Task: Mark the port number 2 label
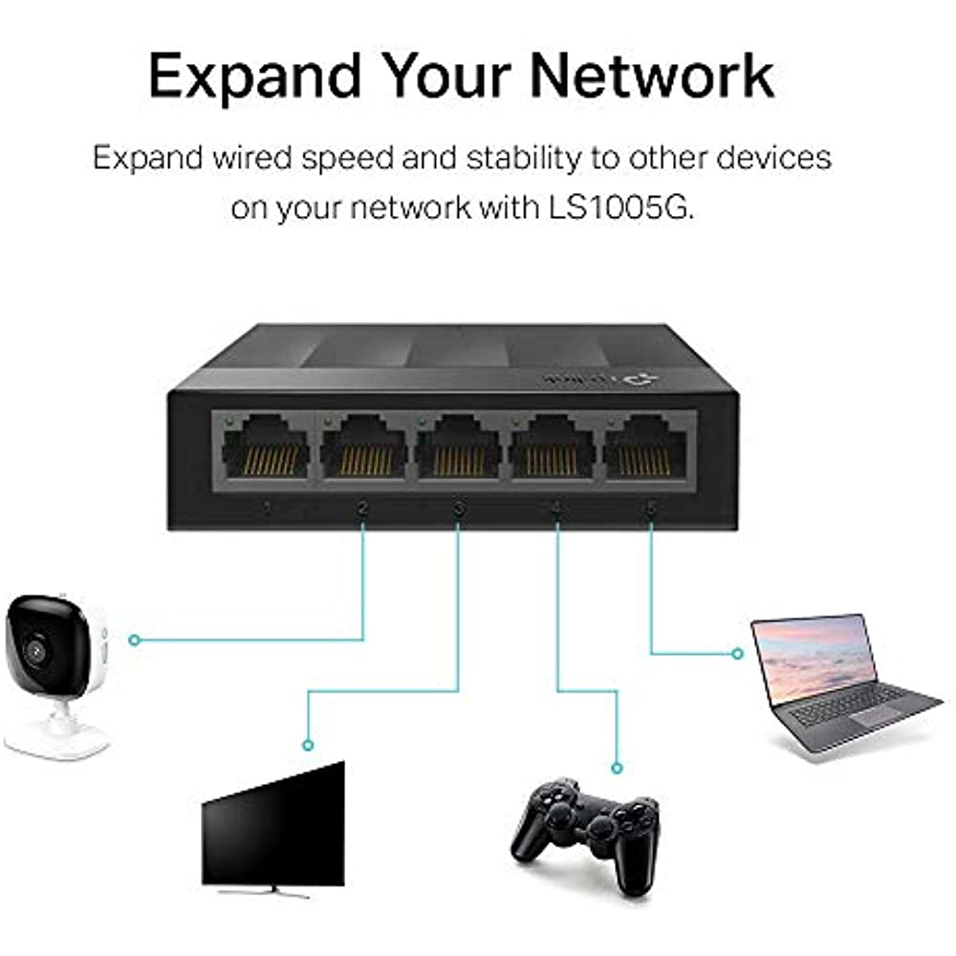click(363, 507)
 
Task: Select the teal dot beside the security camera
click(134, 640)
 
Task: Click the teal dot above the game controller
click(616, 767)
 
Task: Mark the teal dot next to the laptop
click(737, 654)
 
